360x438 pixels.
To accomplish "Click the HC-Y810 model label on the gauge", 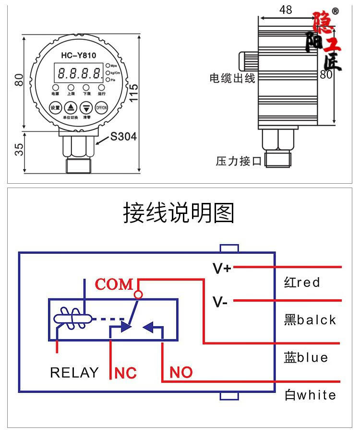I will [78, 55].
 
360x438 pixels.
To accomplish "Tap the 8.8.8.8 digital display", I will [79, 73].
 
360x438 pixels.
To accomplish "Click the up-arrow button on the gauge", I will [71, 107].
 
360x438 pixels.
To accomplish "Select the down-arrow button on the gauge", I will [86, 107].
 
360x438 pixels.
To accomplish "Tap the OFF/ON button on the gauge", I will [101, 107].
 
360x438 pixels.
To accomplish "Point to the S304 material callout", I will [123, 137].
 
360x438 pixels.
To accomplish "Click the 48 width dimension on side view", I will [285, 10].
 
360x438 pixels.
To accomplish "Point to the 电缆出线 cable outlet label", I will [232, 78].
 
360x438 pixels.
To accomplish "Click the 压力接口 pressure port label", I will [239, 161].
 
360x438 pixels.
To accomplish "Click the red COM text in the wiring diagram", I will [114, 284].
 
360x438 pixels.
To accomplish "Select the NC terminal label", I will [126, 373].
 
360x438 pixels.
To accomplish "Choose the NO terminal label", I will [181, 372].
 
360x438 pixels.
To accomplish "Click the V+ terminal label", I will [222, 268].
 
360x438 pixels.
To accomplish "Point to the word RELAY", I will [74, 373].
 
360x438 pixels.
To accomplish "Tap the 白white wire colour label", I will [310, 395].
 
